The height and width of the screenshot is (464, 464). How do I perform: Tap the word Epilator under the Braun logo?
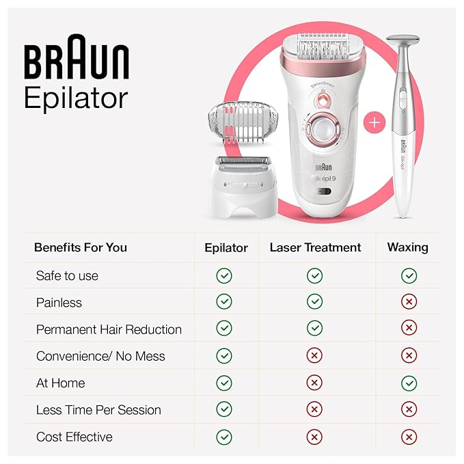pyautogui.click(x=76, y=98)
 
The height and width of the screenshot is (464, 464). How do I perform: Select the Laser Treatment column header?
pyautogui.click(x=315, y=247)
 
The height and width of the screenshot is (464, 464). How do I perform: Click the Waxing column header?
pyautogui.click(x=407, y=247)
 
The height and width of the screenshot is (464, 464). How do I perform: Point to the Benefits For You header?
pyautogui.click(x=81, y=247)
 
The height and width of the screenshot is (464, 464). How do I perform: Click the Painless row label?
pyautogui.click(x=59, y=302)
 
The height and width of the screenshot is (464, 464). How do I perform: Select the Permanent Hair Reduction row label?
pyautogui.click(x=109, y=329)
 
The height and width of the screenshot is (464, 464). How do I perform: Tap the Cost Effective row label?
pyautogui.click(x=74, y=437)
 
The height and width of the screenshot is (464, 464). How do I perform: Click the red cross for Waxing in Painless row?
pyautogui.click(x=409, y=302)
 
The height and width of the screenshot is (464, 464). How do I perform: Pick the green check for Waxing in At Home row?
pyautogui.click(x=409, y=383)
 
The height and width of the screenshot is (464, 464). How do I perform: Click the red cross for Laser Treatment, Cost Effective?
pyautogui.click(x=314, y=437)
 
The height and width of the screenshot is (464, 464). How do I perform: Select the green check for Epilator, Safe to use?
pyautogui.click(x=223, y=275)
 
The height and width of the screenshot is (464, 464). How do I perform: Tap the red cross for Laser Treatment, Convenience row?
pyautogui.click(x=314, y=356)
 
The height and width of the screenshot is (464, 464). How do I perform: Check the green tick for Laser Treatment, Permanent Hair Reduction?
pyautogui.click(x=314, y=329)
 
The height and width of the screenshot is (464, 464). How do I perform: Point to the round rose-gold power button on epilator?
pyautogui.click(x=318, y=128)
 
